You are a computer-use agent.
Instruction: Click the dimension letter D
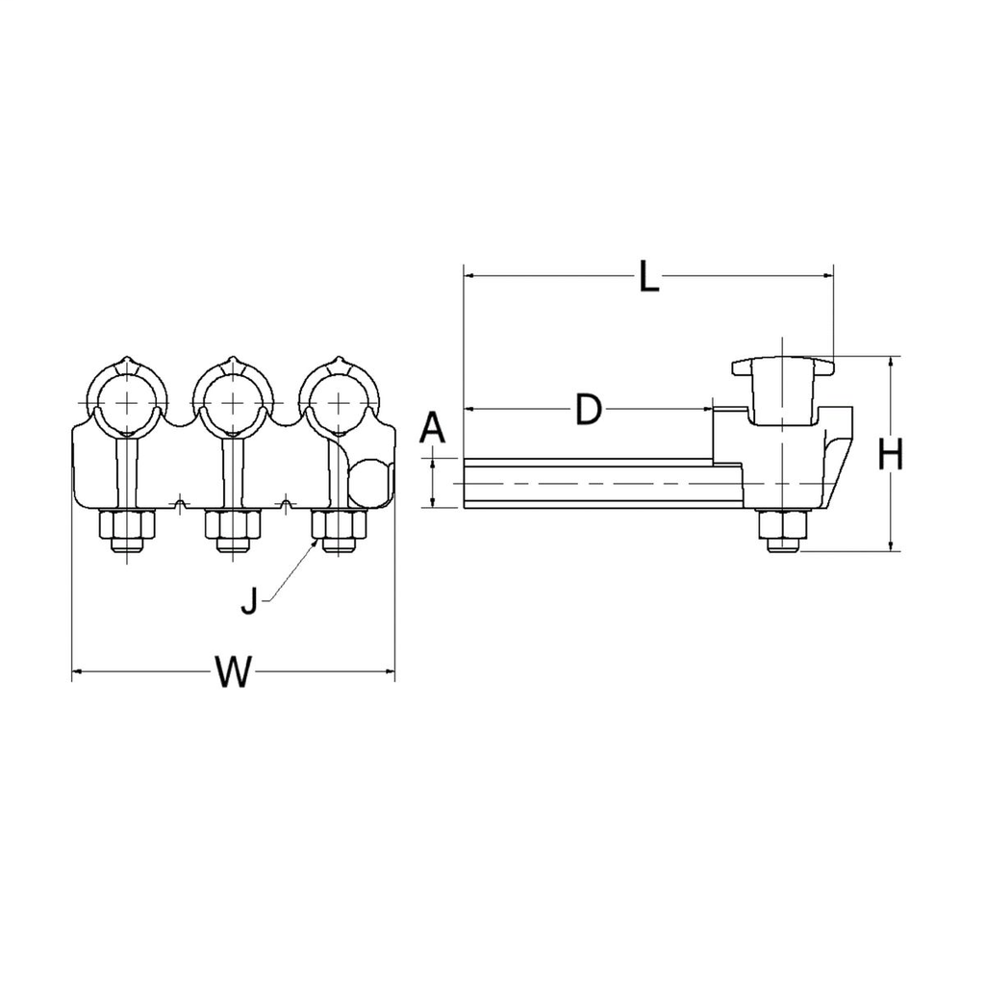[588, 411]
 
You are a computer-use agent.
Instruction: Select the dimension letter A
[434, 426]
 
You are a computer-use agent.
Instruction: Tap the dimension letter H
[892, 455]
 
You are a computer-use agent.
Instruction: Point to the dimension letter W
[232, 671]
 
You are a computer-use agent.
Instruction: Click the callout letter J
[249, 602]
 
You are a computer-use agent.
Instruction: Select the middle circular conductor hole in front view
[233, 399]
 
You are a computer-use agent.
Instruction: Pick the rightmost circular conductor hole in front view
[339, 399]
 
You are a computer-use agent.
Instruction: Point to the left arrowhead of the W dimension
[78, 670]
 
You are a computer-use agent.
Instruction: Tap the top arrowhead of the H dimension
[892, 363]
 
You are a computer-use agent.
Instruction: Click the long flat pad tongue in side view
[596, 483]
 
